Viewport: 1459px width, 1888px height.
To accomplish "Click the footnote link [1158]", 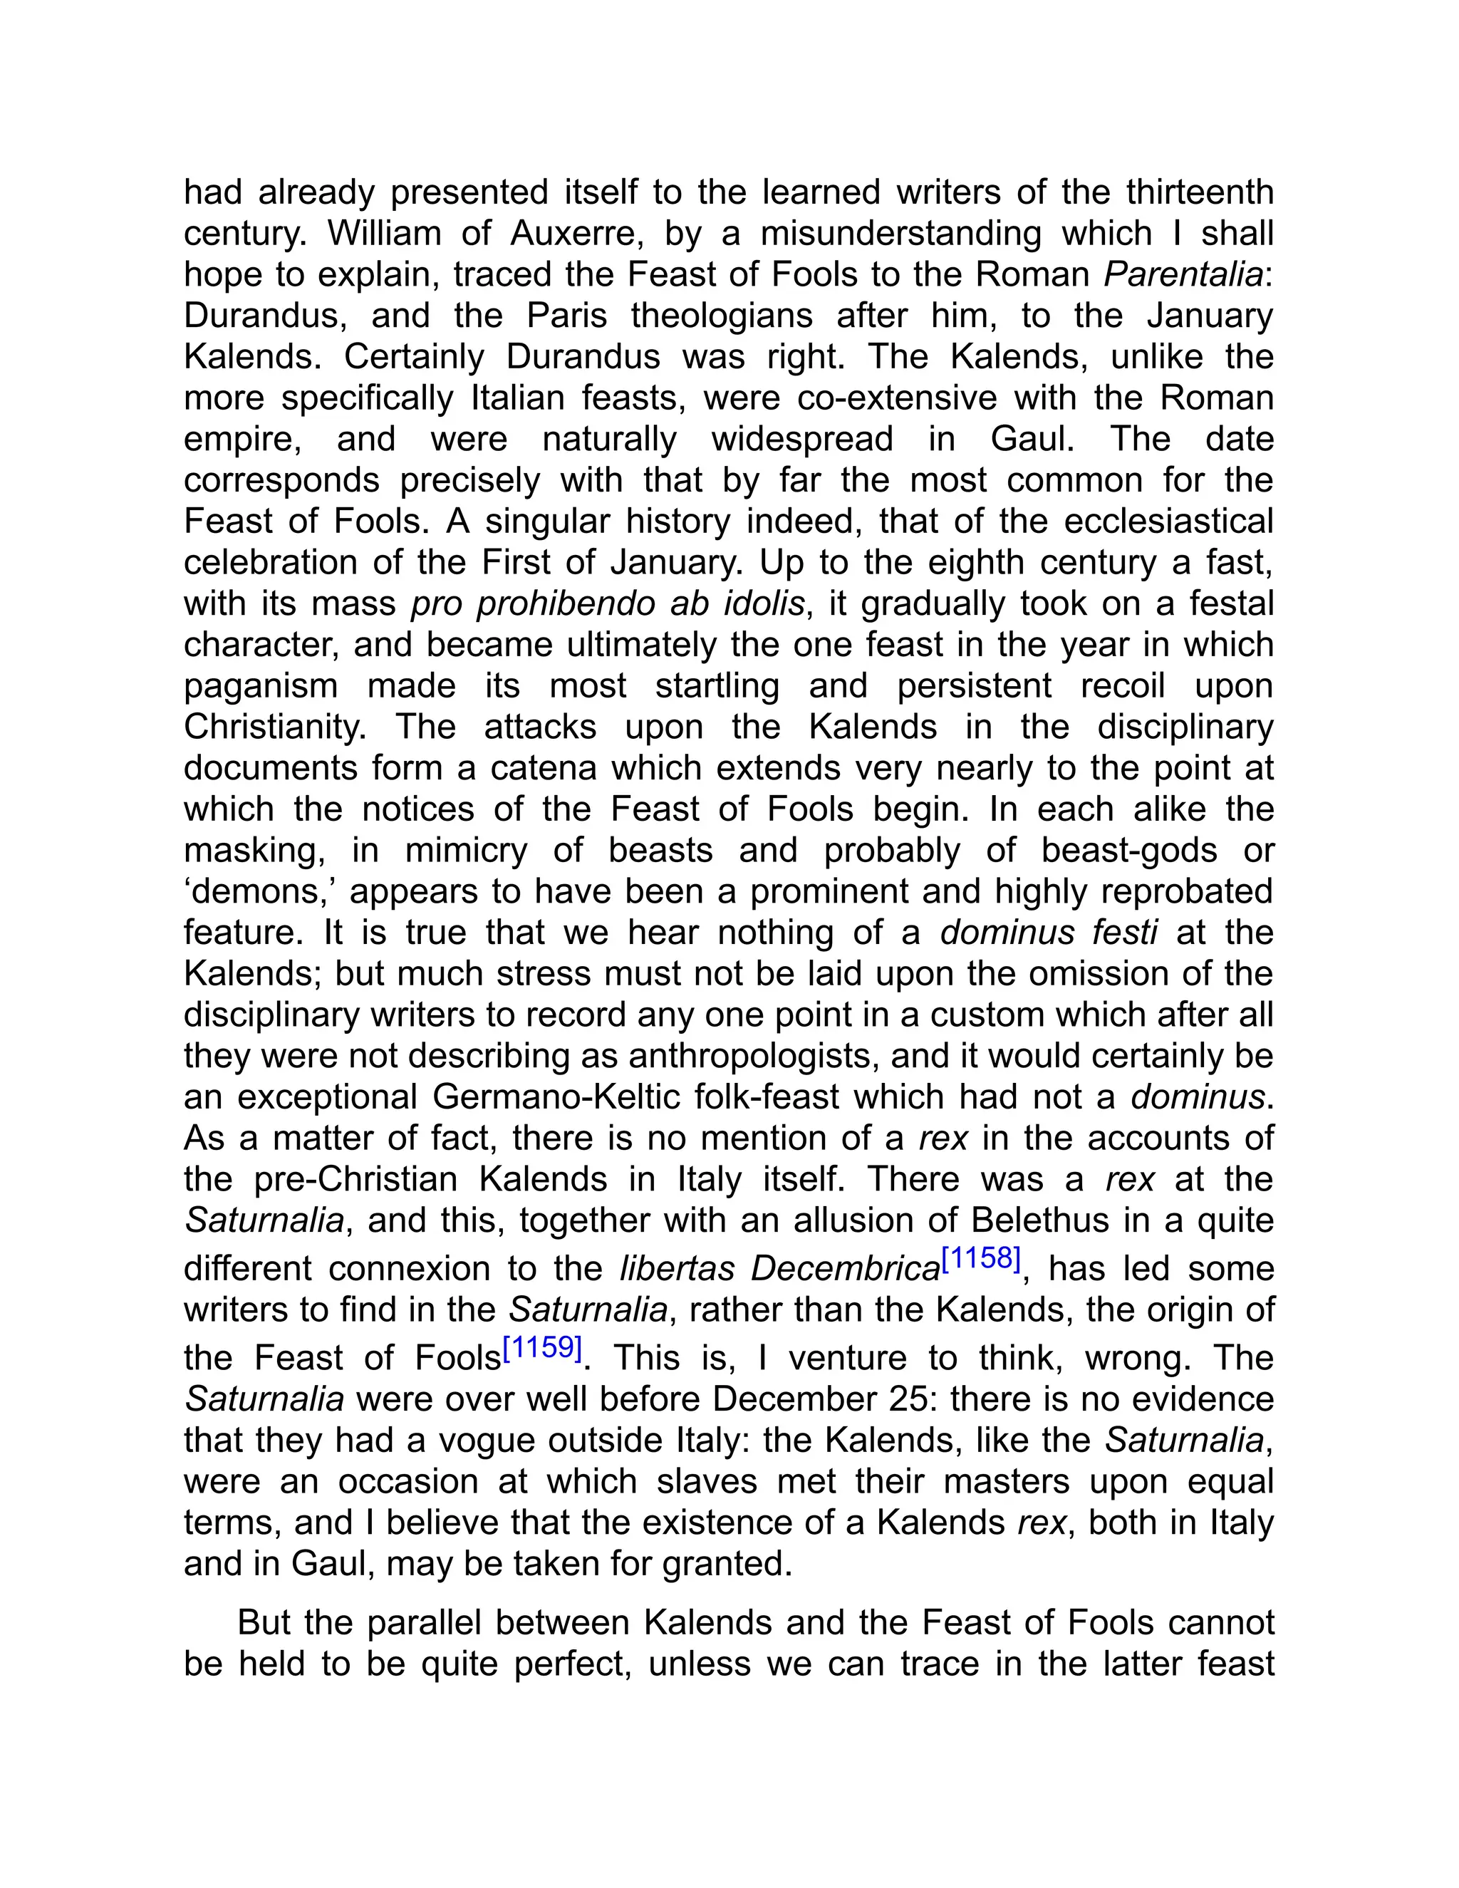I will (x=981, y=1259).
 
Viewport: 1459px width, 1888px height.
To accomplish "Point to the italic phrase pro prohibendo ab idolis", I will (x=608, y=603).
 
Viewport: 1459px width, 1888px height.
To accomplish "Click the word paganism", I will (x=260, y=686).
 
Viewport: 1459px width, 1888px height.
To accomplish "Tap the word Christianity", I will (x=276, y=727).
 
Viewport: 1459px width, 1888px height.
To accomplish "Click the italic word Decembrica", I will (x=846, y=1269).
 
